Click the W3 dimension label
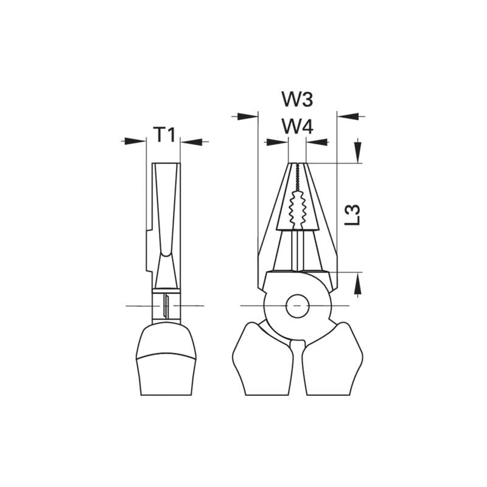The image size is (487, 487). point(297,99)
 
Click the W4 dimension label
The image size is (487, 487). point(297,127)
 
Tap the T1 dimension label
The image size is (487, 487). point(164,135)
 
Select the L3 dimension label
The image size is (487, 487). point(352,215)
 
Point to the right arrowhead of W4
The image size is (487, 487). point(317,142)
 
